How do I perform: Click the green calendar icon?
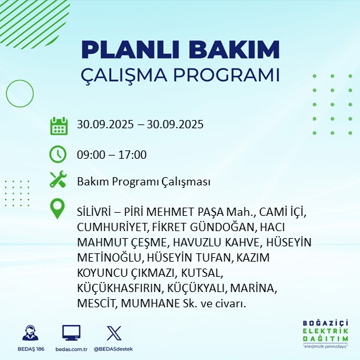[x=58, y=125]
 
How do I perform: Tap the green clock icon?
[x=58, y=154]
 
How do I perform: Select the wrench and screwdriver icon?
[x=58, y=181]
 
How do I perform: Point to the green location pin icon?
[x=58, y=209]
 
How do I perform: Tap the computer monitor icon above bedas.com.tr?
[x=71, y=333]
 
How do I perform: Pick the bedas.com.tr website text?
[x=71, y=349]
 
